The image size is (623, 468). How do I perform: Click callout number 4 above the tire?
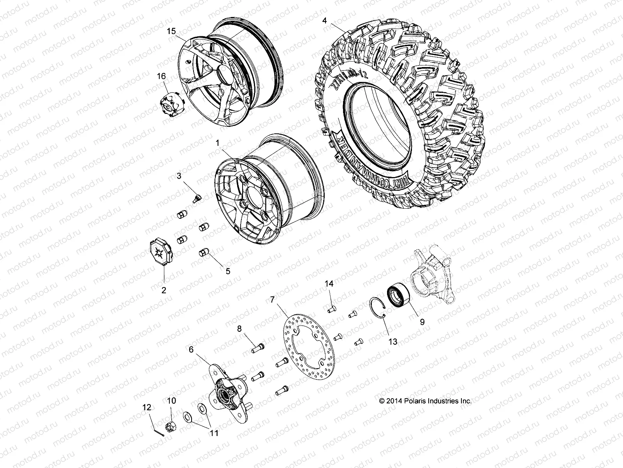(324, 20)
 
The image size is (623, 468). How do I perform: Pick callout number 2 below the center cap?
(164, 290)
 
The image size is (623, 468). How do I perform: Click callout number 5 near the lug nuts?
(228, 271)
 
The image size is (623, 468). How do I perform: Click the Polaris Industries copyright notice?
(425, 401)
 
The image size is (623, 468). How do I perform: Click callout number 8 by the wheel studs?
(239, 329)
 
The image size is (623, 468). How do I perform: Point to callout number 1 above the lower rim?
(218, 144)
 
